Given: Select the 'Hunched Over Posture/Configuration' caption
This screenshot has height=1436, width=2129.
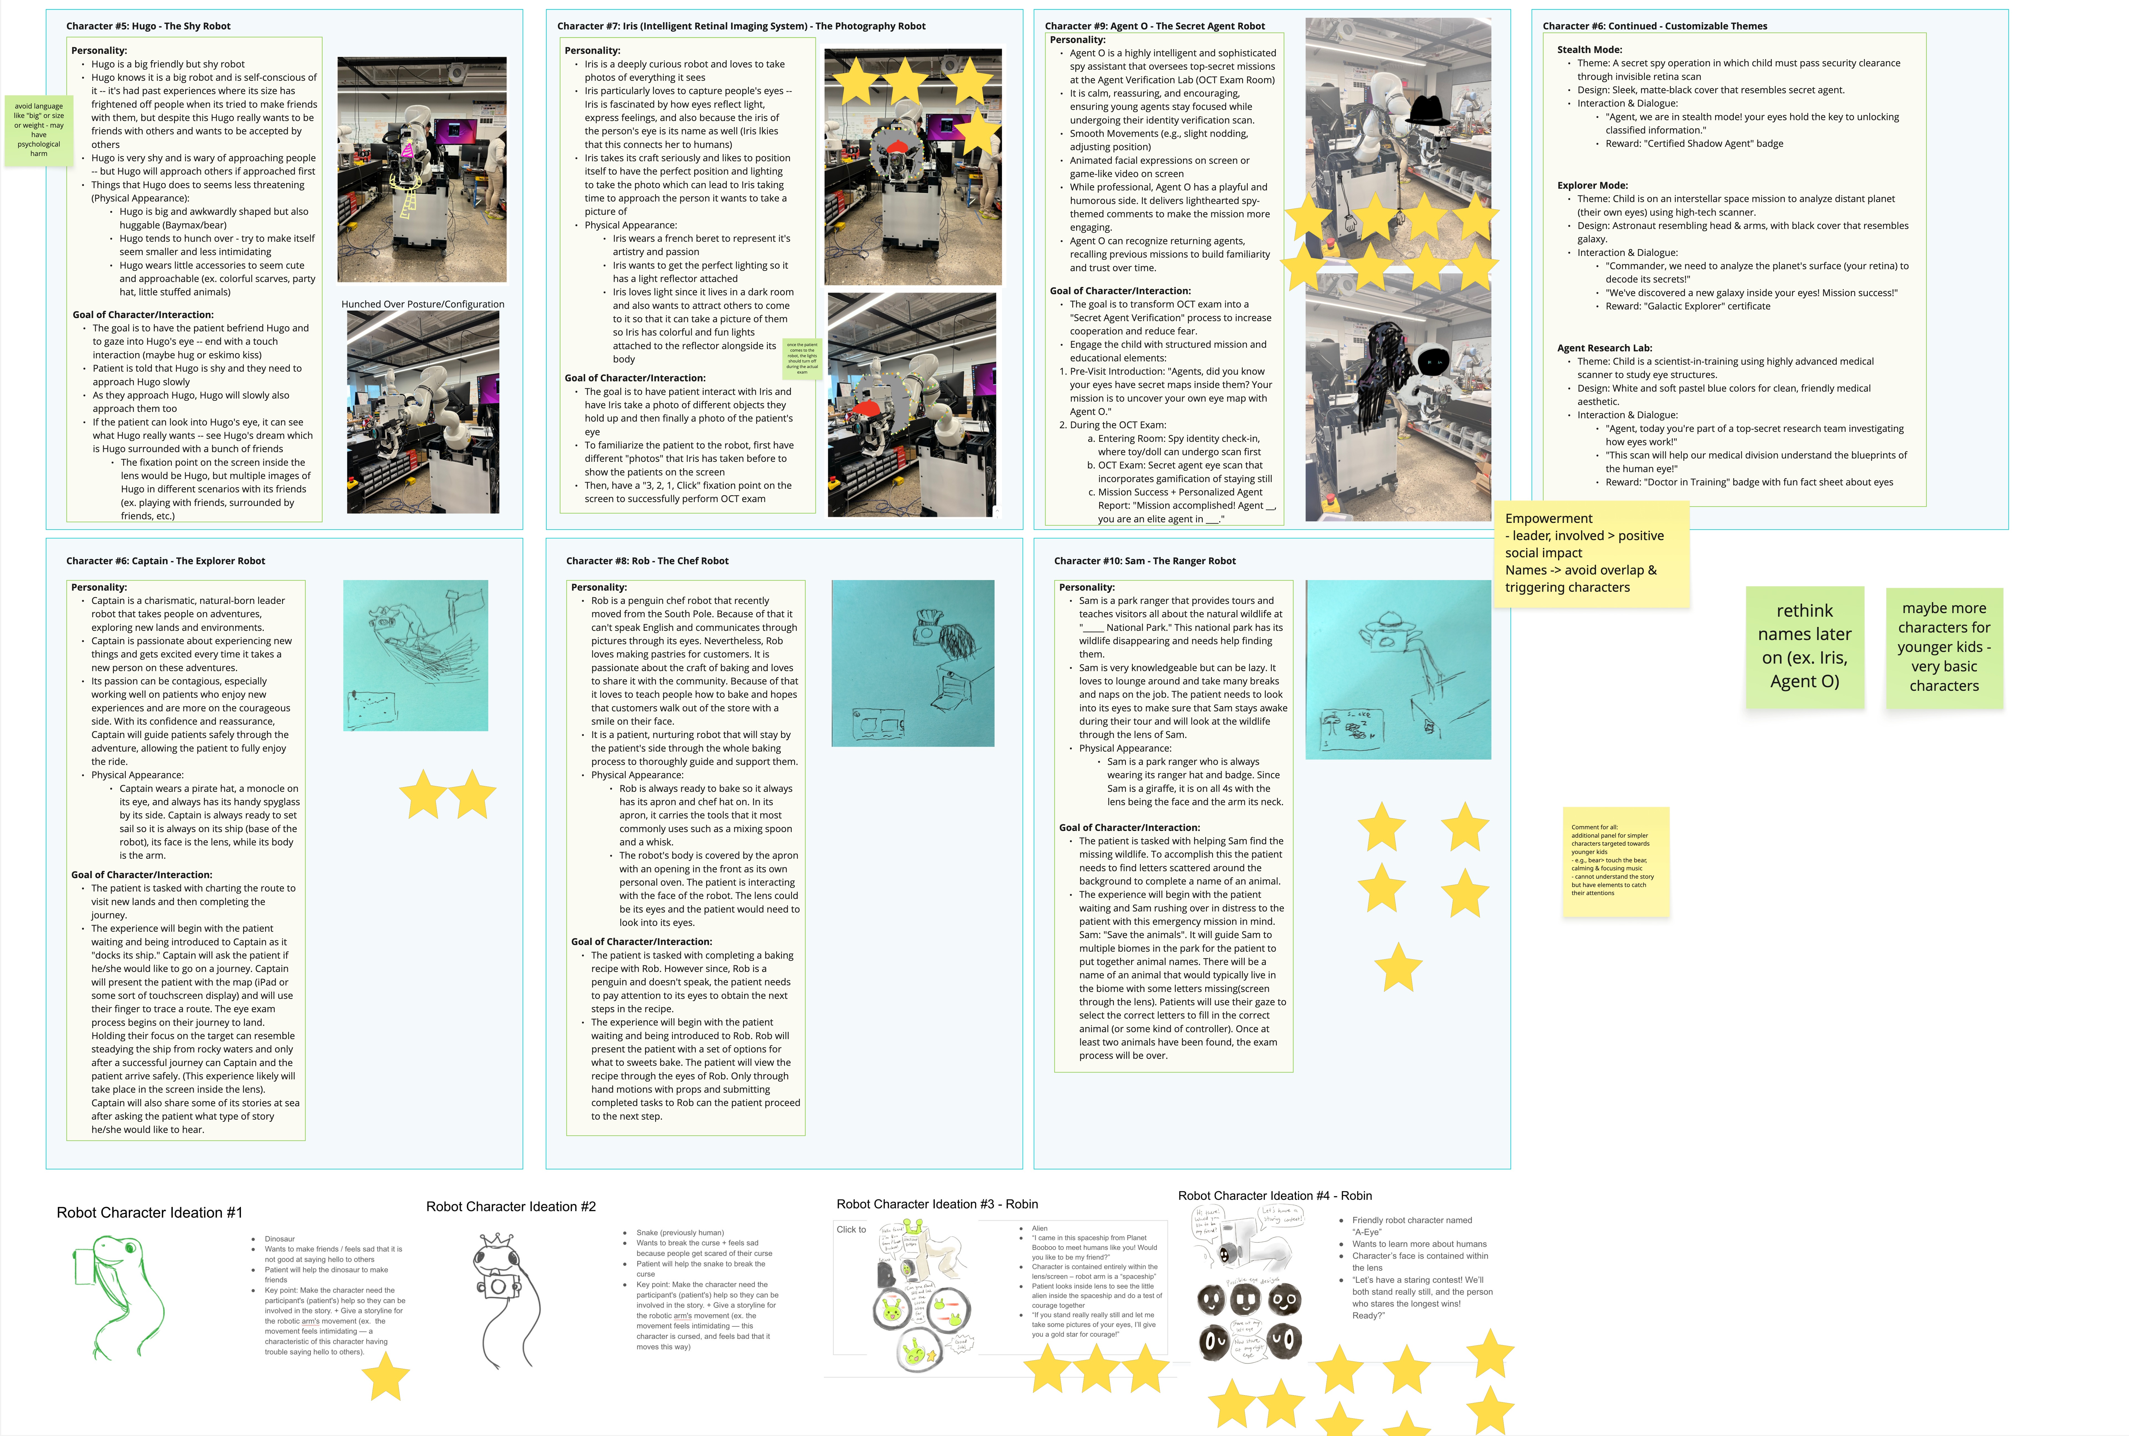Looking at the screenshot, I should coord(422,304).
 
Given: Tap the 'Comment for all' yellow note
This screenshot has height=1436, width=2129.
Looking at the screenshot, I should coord(1615,861).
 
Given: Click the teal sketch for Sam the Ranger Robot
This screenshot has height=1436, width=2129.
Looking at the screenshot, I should coord(1397,669).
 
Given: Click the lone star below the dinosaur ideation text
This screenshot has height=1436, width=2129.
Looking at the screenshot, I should coord(386,1377).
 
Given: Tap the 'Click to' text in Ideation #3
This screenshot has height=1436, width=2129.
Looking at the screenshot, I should coord(851,1230).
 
